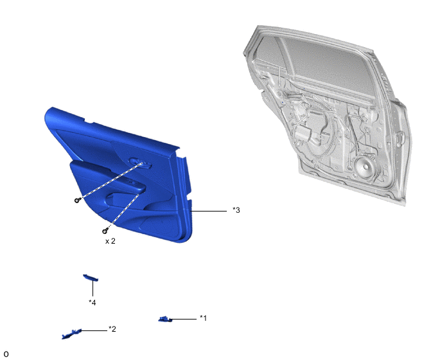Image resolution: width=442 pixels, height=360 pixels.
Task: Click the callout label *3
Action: (236, 210)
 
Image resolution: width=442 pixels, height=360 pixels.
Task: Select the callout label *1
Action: (203, 318)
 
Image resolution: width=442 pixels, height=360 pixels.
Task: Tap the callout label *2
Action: (112, 329)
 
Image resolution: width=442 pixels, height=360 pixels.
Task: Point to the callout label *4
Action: (92, 303)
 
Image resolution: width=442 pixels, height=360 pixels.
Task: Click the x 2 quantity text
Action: (110, 241)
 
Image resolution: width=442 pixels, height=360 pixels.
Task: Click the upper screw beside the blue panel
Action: (77, 201)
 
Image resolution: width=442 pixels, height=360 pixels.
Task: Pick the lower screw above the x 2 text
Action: (105, 231)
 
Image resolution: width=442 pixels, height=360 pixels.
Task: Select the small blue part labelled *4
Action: (91, 278)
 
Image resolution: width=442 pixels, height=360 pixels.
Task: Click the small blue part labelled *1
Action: (165, 319)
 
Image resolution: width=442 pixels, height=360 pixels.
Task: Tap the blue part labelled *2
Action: (71, 334)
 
